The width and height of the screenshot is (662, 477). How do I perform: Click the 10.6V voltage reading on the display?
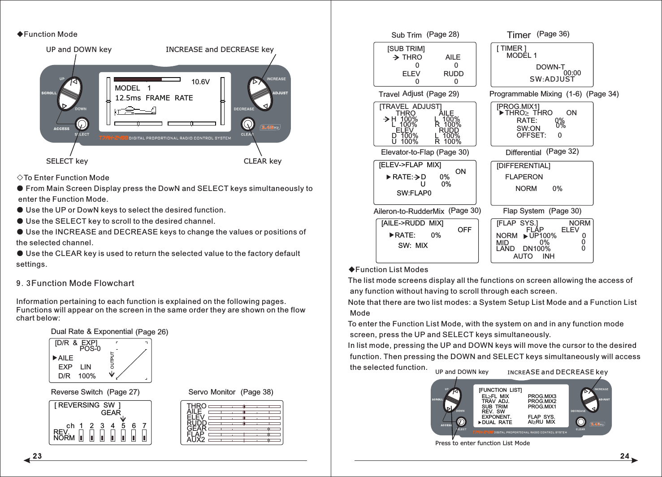[x=200, y=82]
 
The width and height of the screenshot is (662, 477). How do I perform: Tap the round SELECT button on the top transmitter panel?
[x=82, y=124]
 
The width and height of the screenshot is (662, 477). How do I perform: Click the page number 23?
[x=37, y=456]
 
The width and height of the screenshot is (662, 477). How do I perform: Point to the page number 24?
[x=625, y=456]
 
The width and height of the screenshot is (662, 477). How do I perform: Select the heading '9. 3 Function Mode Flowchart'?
[x=75, y=283]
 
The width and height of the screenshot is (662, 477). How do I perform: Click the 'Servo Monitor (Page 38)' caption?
[x=230, y=392]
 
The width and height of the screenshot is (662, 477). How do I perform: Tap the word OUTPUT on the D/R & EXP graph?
[x=112, y=360]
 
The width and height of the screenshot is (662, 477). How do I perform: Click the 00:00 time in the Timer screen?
[x=572, y=73]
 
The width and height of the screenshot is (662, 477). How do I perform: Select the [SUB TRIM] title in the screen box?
[x=406, y=48]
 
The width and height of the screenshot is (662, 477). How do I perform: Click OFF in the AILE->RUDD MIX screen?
[x=464, y=230]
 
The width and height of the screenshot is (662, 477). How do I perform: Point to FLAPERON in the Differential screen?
[x=524, y=177]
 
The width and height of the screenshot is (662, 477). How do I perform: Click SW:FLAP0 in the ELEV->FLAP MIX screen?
[x=414, y=193]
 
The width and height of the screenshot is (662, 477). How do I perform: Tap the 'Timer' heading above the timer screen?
[x=519, y=35]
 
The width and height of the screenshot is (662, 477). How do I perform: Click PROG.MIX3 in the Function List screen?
[x=542, y=396]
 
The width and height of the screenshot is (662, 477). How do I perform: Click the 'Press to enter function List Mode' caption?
[x=482, y=443]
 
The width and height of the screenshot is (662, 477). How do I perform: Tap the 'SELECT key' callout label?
[x=67, y=161]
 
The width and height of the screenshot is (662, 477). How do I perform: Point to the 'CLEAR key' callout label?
[x=262, y=161]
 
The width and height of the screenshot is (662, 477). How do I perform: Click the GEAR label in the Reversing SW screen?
[x=111, y=412]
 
